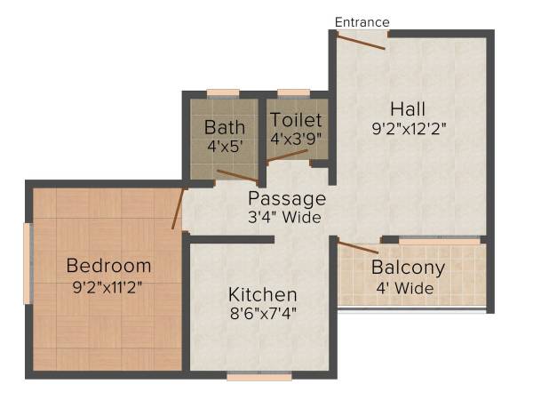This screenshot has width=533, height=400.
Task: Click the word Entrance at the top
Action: pyautogui.click(x=362, y=22)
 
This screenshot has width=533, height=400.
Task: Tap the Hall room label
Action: pyautogui.click(x=408, y=108)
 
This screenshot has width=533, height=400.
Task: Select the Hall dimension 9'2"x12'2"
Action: pyautogui.click(x=408, y=128)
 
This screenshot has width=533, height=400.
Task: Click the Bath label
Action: pyautogui.click(x=224, y=126)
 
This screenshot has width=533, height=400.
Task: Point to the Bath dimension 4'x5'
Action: pyautogui.click(x=224, y=146)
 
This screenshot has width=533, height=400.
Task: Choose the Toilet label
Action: pyautogui.click(x=297, y=119)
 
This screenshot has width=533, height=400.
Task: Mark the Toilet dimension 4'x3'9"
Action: pyautogui.click(x=297, y=139)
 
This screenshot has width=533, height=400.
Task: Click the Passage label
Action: pyautogui.click(x=286, y=198)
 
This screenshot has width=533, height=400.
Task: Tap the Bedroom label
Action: pyautogui.click(x=109, y=266)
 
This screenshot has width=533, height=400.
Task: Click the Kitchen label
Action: pyautogui.click(x=262, y=294)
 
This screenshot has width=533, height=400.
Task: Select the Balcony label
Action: pyautogui.click(x=408, y=268)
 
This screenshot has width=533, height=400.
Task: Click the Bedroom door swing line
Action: pyautogui.click(x=179, y=209)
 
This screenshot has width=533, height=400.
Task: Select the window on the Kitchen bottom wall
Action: pyautogui.click(x=259, y=377)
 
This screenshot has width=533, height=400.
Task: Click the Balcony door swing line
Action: pyautogui.click(x=358, y=247)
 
